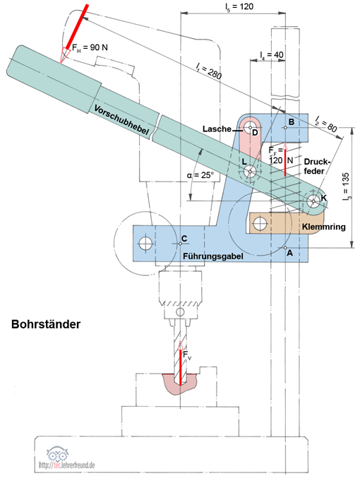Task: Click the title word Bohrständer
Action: [46, 324]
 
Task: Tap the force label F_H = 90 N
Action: [90, 47]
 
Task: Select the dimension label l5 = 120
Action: [239, 6]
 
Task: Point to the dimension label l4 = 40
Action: [271, 55]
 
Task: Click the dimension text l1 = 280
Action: [209, 71]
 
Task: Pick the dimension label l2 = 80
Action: [326, 124]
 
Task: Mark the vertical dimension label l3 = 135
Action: [346, 187]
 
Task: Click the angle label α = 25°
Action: [200, 175]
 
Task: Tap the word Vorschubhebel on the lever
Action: [121, 119]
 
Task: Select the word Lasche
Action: [217, 129]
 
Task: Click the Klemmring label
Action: [323, 227]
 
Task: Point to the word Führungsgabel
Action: [213, 256]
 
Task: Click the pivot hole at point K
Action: [313, 201]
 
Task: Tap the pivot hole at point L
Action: [251, 171]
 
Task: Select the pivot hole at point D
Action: [250, 127]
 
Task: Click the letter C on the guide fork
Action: [184, 238]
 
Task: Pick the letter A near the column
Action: [289, 254]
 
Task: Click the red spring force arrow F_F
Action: [285, 159]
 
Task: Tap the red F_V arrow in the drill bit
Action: [180, 362]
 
